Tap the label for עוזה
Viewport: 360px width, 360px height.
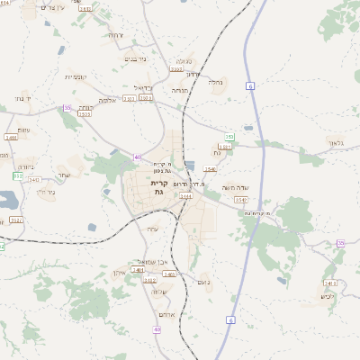click(152, 229)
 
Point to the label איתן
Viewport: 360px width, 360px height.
click(119, 272)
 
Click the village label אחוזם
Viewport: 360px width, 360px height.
click(164, 313)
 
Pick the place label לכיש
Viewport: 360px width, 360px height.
click(328, 296)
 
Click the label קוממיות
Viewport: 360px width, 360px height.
click(75, 77)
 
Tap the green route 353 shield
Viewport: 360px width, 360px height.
click(229, 136)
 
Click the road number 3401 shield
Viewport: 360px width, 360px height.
click(138, 269)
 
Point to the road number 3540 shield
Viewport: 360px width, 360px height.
click(209, 168)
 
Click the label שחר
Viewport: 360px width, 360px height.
click(63, 175)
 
